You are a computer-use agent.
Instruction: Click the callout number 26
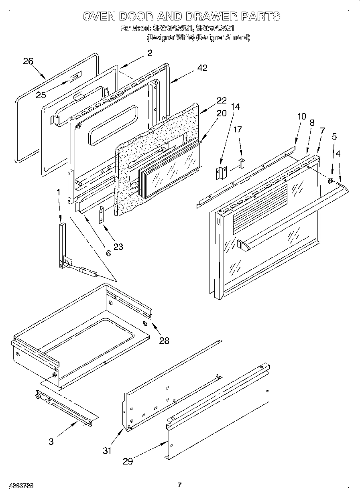[x=28, y=61]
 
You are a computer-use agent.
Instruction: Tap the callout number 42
[x=202, y=68]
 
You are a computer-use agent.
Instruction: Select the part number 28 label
[x=164, y=341]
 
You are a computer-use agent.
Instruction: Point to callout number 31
[x=106, y=450]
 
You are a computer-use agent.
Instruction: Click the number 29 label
[x=128, y=461]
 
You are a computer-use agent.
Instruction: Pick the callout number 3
[x=51, y=442]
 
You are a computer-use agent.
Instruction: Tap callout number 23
[x=118, y=247]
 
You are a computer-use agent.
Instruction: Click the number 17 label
[x=238, y=130]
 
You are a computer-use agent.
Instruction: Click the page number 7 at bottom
[x=180, y=485]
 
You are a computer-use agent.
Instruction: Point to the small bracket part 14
[x=220, y=172]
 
